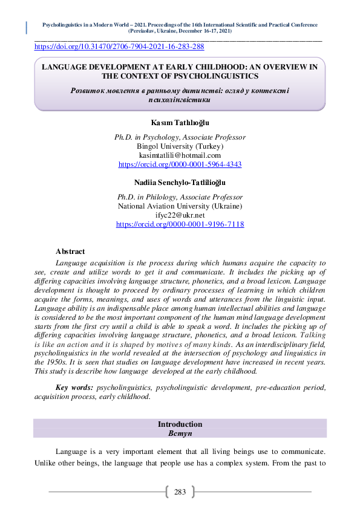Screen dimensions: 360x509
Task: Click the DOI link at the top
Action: pos(119,47)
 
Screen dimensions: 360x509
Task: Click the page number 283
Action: pos(180,492)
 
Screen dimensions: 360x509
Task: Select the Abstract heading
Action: pos(70,251)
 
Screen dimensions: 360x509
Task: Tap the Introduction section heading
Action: pos(180,424)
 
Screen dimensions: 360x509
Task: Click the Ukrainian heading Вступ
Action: pos(180,433)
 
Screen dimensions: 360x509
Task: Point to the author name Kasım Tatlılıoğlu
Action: pos(180,123)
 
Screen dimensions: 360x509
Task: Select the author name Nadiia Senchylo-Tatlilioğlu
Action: pos(180,182)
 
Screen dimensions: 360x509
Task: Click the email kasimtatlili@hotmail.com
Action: pos(180,155)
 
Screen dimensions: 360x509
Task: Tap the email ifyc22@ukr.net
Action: pos(180,215)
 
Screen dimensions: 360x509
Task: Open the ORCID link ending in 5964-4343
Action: pos(180,164)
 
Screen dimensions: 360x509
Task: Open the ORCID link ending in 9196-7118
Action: pos(180,224)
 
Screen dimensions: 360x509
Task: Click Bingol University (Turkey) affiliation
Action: pos(180,146)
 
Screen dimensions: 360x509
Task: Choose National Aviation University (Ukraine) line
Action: pos(180,206)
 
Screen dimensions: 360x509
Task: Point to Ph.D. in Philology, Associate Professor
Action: pos(180,197)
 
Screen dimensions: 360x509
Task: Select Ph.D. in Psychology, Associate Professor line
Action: pos(180,138)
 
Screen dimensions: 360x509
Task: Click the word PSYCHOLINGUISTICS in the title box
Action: pos(208,76)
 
